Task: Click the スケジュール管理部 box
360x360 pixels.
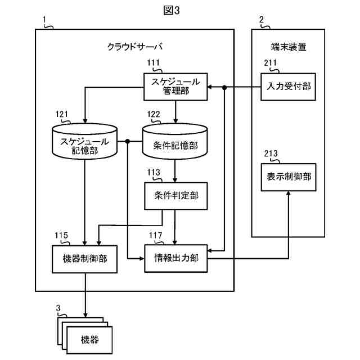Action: tap(175, 87)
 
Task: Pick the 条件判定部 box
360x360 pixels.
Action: tap(175, 196)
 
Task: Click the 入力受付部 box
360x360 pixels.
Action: tap(289, 86)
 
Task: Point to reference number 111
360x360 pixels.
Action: tap(153, 63)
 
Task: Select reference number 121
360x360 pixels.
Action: tap(62, 114)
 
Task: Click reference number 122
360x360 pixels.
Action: tap(154, 114)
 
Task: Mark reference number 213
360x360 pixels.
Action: tap(271, 154)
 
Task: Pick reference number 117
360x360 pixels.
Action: tap(155, 235)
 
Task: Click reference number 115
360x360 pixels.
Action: tap(62, 235)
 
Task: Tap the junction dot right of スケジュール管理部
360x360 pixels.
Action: tap(224, 87)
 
